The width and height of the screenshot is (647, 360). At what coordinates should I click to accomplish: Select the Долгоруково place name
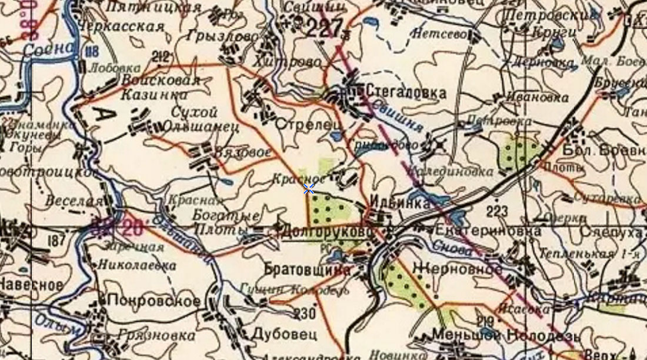click(x=328, y=232)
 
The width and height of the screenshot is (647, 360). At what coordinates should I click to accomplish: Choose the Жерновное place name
click(x=458, y=268)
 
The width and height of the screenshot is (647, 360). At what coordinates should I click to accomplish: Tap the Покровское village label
click(x=154, y=301)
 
